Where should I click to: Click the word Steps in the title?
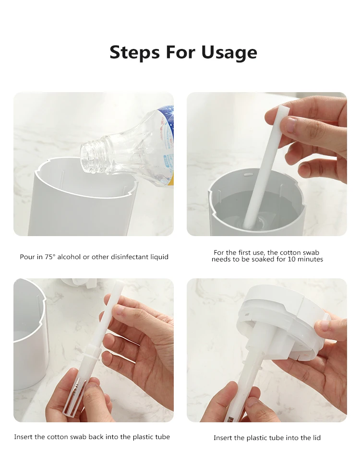(x=134, y=53)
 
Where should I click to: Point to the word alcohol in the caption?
(x=69, y=257)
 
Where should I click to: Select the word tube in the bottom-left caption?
(x=163, y=437)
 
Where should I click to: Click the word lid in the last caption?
(x=316, y=438)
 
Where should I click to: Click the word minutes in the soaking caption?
(x=310, y=259)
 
